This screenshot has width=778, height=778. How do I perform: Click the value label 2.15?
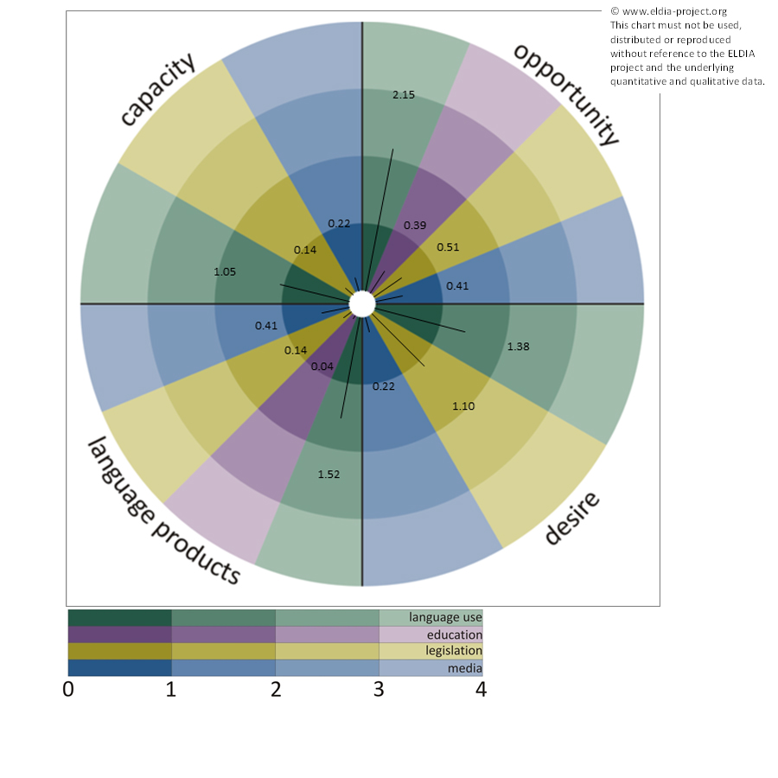click(x=404, y=94)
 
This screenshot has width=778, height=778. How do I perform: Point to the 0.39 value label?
click(x=415, y=226)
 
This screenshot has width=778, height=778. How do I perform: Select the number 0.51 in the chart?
click(x=448, y=246)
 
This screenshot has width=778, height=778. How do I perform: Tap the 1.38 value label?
click(x=518, y=347)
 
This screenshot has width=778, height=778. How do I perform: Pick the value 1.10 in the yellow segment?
click(x=463, y=405)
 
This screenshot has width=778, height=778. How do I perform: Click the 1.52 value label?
click(x=329, y=474)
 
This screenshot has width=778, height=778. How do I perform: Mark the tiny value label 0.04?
click(x=322, y=367)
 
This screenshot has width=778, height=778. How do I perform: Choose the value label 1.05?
click(x=225, y=271)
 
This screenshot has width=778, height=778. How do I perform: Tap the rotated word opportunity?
click(x=567, y=93)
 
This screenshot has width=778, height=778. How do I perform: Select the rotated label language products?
click(x=163, y=510)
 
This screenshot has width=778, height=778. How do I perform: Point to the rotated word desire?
click(x=571, y=520)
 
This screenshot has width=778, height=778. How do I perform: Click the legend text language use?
click(x=445, y=617)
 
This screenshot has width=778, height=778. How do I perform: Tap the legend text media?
click(x=464, y=668)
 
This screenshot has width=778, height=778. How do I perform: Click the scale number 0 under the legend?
click(x=68, y=690)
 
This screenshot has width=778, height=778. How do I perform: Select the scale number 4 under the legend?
click(x=481, y=690)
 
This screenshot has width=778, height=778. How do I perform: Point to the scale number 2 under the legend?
click(x=275, y=690)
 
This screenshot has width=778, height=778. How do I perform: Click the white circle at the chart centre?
click(x=362, y=304)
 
